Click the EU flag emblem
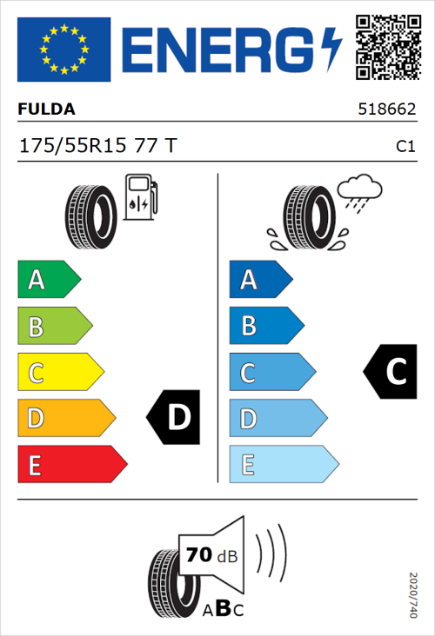[64, 50]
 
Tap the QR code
[387, 49]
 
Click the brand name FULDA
[47, 109]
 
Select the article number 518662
[387, 110]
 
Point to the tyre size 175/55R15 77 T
[97, 146]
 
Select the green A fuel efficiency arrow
[48, 280]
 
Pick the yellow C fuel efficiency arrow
[59, 373]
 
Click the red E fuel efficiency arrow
[71, 465]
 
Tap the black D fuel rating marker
[174, 418]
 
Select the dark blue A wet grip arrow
[260, 280]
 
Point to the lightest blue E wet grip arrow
[283, 465]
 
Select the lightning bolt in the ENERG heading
[331, 49]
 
